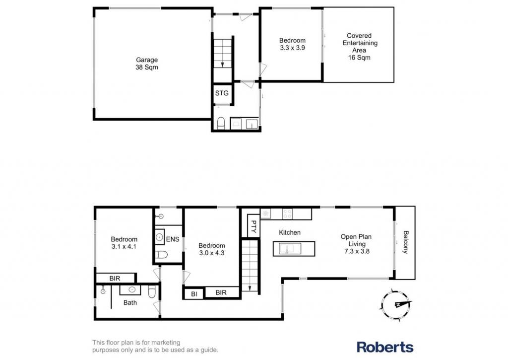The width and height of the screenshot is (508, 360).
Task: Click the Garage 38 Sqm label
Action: [x=147, y=64]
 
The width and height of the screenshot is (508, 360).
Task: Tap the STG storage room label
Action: [x=222, y=93]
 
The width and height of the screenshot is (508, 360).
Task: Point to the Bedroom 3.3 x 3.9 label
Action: [x=292, y=44]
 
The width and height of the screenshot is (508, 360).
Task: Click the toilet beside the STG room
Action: [x=221, y=123]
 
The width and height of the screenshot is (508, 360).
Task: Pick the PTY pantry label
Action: [x=254, y=227]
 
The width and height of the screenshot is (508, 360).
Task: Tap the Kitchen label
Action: [x=290, y=232]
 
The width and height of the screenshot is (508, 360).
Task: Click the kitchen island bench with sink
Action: [x=294, y=249]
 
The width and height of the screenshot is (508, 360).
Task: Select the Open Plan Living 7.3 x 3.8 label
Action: [x=356, y=244]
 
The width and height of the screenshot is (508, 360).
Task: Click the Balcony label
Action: [x=405, y=242]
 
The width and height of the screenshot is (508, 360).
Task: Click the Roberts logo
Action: [x=385, y=347]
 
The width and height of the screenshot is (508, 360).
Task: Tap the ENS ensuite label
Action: [x=172, y=239]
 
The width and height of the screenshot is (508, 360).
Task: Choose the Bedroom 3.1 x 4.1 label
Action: [x=124, y=243]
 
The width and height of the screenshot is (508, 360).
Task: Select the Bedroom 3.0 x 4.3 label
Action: [x=211, y=249]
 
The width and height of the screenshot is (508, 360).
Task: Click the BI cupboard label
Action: [x=194, y=294]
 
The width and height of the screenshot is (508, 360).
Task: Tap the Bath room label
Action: [x=130, y=302]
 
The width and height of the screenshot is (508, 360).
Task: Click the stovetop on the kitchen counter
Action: [x=287, y=214]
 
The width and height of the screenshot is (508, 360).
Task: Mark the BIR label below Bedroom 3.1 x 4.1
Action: [x=115, y=278]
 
